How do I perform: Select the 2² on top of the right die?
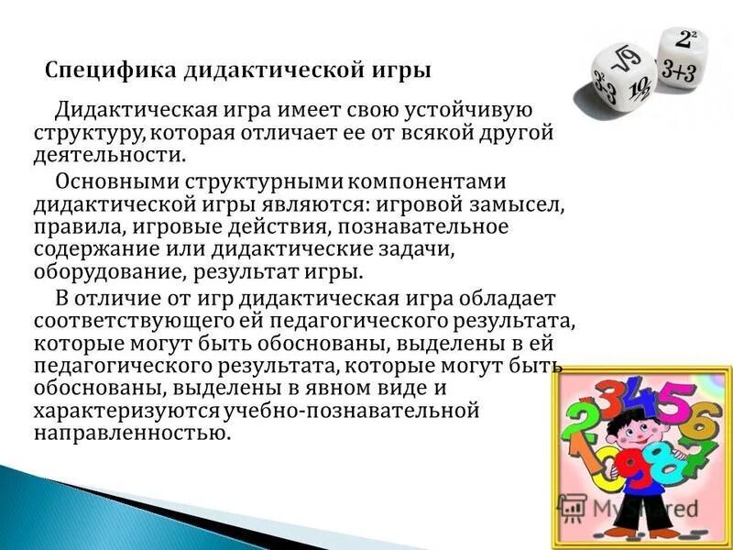click(686, 38)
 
